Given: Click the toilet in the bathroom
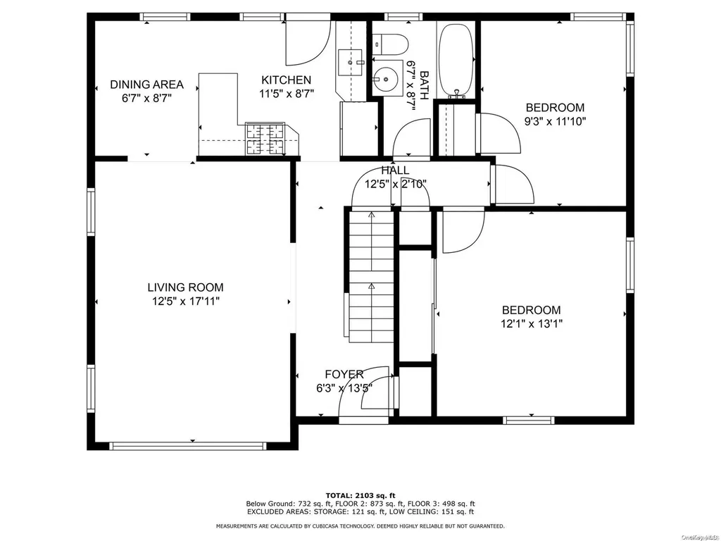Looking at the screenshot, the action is [390, 44].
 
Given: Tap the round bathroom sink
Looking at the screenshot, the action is [385, 80].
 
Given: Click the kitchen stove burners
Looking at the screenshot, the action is [265, 139].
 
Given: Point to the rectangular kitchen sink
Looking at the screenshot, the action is [350, 63].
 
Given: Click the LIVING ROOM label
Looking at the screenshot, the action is [185, 287].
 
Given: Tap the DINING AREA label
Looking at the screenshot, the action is [146, 85].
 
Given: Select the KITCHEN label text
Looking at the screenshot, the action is [287, 80].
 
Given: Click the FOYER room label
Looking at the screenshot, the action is [344, 375].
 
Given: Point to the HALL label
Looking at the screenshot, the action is [396, 170].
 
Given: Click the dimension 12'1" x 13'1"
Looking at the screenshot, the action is [532, 324].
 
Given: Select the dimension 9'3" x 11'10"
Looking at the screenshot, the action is [556, 121].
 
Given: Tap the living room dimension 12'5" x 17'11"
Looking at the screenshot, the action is [186, 301].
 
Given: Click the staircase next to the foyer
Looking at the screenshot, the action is [371, 276].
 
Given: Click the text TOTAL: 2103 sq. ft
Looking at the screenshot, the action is [360, 495].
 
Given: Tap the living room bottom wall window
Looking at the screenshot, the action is [188, 446].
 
